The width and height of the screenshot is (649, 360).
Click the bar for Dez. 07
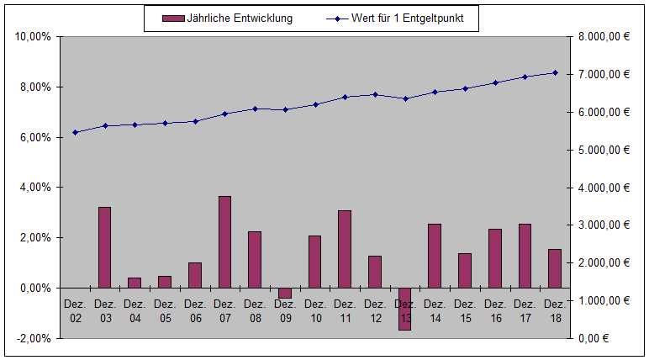(224, 242)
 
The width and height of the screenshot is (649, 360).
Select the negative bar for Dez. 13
(404, 309)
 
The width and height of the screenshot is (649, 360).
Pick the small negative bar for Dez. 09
(284, 293)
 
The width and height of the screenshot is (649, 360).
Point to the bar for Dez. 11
(345, 249)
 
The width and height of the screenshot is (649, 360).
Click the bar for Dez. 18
(554, 268)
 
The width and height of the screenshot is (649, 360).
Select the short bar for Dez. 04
(135, 283)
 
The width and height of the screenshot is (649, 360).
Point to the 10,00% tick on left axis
(34, 37)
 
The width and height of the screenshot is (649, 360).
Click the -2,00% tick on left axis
(34, 338)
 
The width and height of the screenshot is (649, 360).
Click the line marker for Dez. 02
(75, 132)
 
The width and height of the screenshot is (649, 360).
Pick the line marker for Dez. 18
(554, 72)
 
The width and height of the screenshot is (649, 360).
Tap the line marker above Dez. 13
(404, 98)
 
